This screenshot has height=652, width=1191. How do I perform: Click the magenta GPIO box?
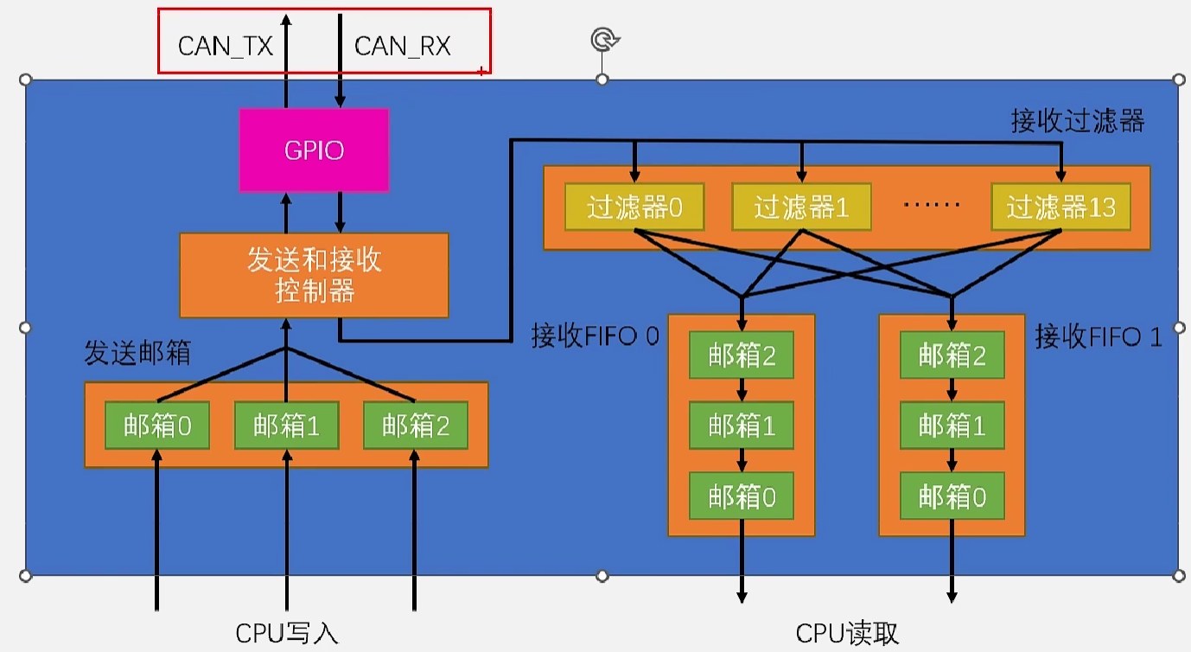pyautogui.click(x=314, y=150)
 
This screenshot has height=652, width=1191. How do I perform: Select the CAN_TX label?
pyautogui.click(x=225, y=46)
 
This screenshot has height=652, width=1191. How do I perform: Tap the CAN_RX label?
pyautogui.click(x=403, y=46)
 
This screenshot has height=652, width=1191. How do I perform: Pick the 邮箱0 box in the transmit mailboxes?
pyautogui.click(x=157, y=425)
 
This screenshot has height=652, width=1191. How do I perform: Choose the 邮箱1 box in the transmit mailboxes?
pyautogui.click(x=286, y=425)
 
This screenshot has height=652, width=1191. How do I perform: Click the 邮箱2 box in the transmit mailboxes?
pyautogui.click(x=415, y=425)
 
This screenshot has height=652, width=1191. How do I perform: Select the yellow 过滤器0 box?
pyautogui.click(x=634, y=208)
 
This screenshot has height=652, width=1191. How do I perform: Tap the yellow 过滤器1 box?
pyautogui.click(x=801, y=208)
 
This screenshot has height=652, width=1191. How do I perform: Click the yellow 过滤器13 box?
pyautogui.click(x=1060, y=208)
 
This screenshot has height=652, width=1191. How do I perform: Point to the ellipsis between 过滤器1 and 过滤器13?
pyautogui.click(x=932, y=206)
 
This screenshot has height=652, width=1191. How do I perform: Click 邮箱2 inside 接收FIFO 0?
pyautogui.click(x=742, y=355)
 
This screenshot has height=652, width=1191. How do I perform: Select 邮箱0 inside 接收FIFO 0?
pyautogui.click(x=742, y=496)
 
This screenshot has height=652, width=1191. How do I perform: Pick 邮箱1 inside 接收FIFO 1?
pyautogui.click(x=952, y=425)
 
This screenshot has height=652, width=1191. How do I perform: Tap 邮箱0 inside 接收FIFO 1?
pyautogui.click(x=952, y=496)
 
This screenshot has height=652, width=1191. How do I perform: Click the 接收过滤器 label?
pyautogui.click(x=1077, y=121)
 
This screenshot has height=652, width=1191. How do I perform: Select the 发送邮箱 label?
pyautogui.click(x=137, y=353)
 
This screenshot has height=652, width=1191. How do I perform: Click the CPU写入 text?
pyautogui.click(x=287, y=634)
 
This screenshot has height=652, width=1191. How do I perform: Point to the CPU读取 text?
pyautogui.click(x=847, y=634)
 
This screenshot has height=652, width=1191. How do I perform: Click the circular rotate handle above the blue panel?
pyautogui.click(x=603, y=40)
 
